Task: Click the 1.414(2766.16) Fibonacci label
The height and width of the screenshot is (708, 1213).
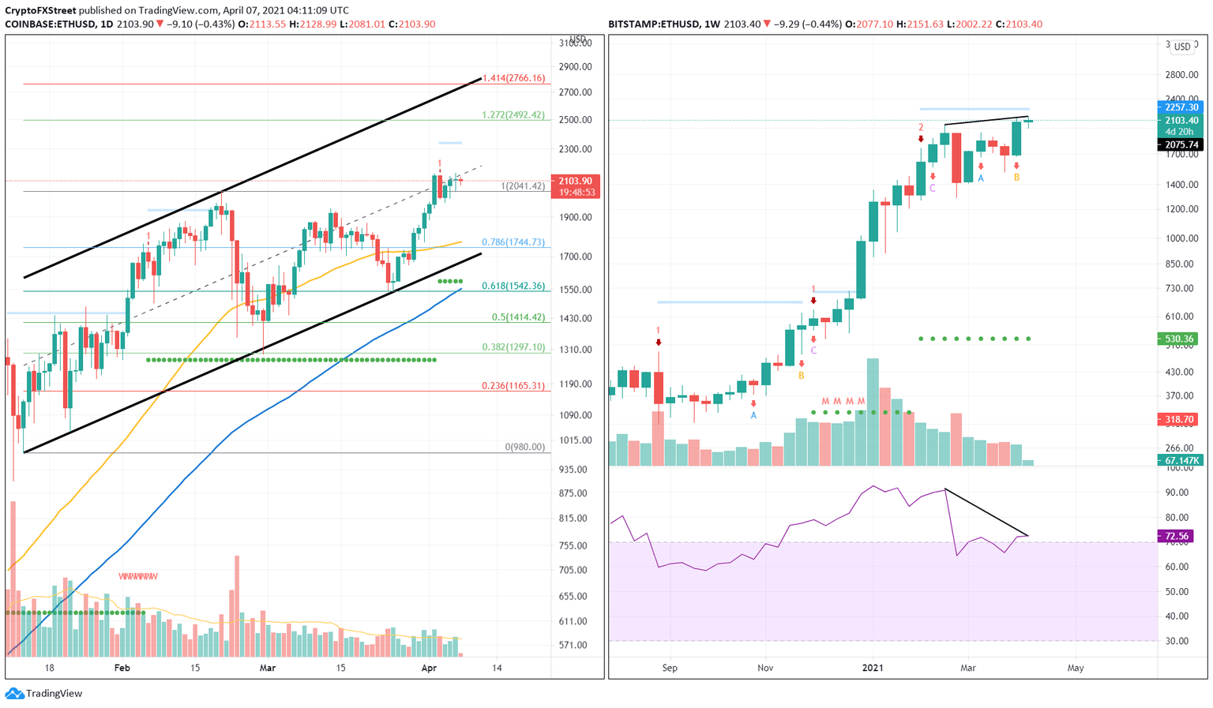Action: [514, 78]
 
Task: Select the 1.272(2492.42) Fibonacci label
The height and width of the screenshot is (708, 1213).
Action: [513, 114]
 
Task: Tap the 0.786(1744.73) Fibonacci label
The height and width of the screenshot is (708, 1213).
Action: [513, 242]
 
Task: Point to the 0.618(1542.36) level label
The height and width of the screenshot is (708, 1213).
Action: [513, 286]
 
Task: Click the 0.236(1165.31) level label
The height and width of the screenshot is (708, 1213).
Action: [513, 386]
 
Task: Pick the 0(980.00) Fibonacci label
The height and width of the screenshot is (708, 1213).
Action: [525, 447]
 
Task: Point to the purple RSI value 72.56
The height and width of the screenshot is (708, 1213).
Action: [1176, 536]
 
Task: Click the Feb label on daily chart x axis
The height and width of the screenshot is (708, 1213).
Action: [122, 668]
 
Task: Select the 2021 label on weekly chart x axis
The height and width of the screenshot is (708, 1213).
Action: [873, 668]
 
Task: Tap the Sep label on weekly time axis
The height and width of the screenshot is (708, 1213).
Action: [670, 668]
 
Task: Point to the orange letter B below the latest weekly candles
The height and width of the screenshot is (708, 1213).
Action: [1016, 178]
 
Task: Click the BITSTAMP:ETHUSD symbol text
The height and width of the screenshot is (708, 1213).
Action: [653, 24]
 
